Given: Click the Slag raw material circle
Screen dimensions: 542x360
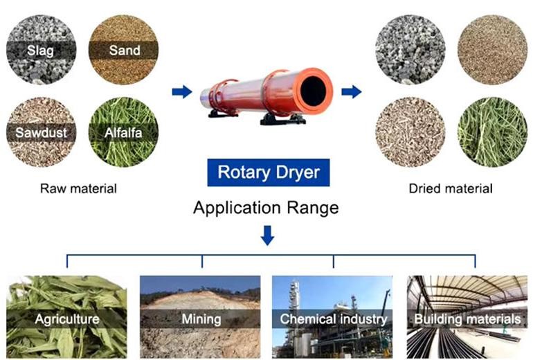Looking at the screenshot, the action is coord(41,49).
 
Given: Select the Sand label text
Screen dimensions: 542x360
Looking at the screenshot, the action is coord(125,51).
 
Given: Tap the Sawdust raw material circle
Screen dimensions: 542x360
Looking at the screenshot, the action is coord(41,132).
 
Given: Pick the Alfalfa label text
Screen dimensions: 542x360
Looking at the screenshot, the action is coord(123,133).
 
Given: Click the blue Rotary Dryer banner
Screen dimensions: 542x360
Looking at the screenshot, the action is coord(269,172).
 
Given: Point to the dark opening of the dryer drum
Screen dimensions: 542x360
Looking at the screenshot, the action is coord(313,91).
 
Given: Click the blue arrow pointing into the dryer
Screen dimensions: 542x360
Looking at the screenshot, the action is coord(182,91).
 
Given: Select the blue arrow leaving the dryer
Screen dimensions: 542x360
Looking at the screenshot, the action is coord(352,91).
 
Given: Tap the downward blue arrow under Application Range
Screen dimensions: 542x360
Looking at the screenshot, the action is coord(268,235).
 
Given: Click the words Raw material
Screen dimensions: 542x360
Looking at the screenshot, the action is coord(78,189).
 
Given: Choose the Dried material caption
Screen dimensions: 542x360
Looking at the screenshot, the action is coord(451,189).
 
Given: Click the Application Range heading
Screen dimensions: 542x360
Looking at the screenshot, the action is coord(266,208).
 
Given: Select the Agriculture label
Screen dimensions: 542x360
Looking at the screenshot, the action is coord(67,319).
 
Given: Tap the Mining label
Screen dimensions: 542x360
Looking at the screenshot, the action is coord(201,319).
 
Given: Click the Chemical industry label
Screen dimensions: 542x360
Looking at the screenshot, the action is coord(333,319).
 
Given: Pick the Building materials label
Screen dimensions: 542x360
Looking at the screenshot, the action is coord(467,319).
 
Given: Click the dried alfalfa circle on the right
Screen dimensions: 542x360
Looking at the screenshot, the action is coord(493,132).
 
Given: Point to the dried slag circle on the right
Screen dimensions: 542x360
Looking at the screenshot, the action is coord(410,49).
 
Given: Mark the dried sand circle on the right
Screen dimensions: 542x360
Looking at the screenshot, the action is coord(493,49).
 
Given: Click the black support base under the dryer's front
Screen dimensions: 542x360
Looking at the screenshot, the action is coord(282,119).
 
